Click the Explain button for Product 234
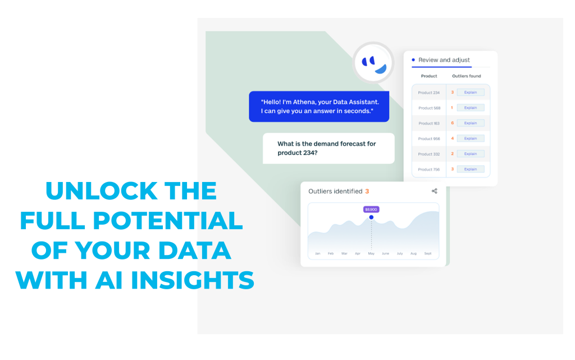point(471,92)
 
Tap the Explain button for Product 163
point(471,123)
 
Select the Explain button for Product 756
point(471,170)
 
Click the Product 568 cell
point(429,108)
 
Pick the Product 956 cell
point(429,139)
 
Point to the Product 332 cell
point(429,154)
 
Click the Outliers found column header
point(467,76)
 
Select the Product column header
point(429,76)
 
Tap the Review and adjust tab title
point(444,60)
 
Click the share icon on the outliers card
point(435,191)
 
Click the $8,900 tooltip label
point(371,209)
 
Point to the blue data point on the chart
point(371,217)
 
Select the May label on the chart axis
point(371,254)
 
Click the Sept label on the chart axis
point(427,254)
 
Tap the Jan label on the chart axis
point(318,254)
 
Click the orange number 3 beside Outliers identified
point(367,192)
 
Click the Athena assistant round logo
point(373,63)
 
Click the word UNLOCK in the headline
point(102,191)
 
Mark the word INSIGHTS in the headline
point(193,280)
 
